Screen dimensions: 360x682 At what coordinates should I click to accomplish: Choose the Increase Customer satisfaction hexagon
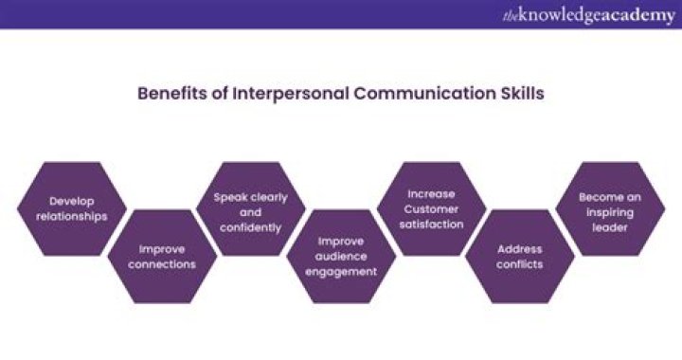pyautogui.click(x=431, y=208)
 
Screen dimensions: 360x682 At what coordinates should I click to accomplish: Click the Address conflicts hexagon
pyautogui.click(x=519, y=256)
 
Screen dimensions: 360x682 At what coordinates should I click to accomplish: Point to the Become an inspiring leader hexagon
pyautogui.click(x=611, y=208)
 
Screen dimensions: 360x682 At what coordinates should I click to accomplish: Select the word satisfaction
pyautogui.click(x=431, y=225)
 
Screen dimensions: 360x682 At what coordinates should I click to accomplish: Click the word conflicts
pyautogui.click(x=519, y=264)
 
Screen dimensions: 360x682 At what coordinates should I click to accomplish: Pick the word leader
pyautogui.click(x=611, y=225)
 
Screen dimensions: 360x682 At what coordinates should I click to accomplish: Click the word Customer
pyautogui.click(x=431, y=208)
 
